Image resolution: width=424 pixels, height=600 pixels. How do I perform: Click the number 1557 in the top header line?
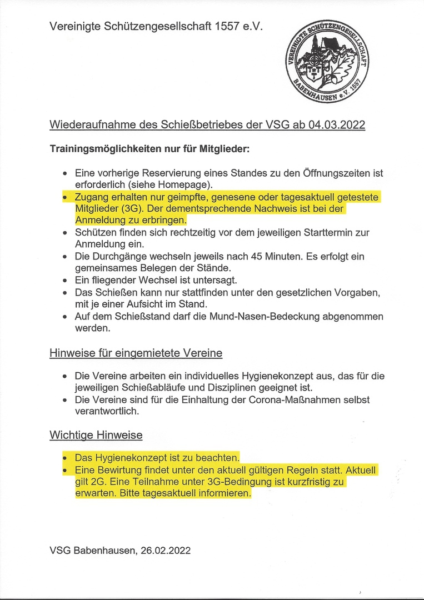pos(226,26)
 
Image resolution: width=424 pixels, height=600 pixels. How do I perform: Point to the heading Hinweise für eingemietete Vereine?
pos(136,353)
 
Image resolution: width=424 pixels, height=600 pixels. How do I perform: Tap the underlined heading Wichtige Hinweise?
pos(96,435)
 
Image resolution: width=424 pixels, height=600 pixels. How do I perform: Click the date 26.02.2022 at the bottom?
pos(164,551)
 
